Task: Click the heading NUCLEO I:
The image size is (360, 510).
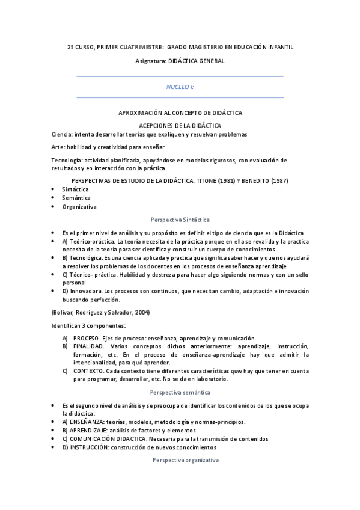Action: pyautogui.click(x=180, y=87)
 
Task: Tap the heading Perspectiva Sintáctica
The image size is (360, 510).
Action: pyautogui.click(x=180, y=220)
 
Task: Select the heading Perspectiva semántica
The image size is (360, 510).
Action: pyautogui.click(x=180, y=392)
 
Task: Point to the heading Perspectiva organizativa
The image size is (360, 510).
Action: pyautogui.click(x=180, y=460)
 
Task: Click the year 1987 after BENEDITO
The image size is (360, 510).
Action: pyautogui.click(x=277, y=180)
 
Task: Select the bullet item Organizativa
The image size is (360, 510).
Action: pyautogui.click(x=79, y=207)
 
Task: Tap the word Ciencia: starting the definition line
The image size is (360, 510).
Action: pyautogui.click(x=62, y=134)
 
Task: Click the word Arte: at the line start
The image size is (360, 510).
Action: pyautogui.click(x=59, y=147)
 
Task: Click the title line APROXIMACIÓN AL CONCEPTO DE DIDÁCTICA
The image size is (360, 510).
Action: pyautogui.click(x=180, y=113)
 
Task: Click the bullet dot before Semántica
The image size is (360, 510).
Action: pyautogui.click(x=54, y=198)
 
